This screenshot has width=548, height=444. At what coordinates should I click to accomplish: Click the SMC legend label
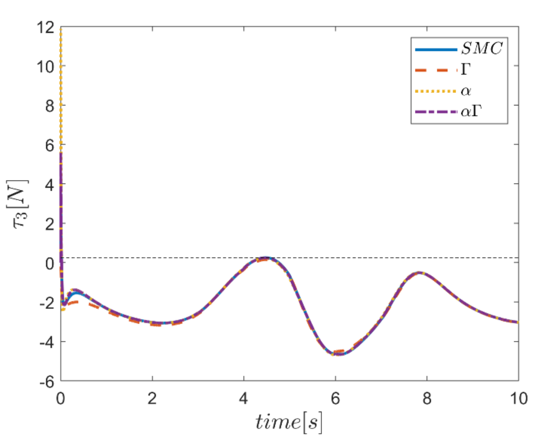click(482, 48)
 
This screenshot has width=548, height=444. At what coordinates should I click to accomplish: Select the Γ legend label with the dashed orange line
click(466, 69)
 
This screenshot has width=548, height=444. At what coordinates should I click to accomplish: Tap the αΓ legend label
click(471, 112)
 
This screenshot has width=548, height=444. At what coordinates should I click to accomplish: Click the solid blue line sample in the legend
click(436, 50)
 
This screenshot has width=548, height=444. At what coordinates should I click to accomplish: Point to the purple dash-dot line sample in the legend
click(436, 112)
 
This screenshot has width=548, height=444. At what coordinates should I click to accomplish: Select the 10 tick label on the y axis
click(46, 66)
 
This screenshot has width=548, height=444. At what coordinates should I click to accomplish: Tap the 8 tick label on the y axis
click(50, 106)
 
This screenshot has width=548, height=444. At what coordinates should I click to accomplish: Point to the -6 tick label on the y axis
click(47, 382)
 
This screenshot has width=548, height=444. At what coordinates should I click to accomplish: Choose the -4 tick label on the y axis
click(47, 343)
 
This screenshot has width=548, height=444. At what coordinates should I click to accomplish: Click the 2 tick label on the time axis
click(152, 399)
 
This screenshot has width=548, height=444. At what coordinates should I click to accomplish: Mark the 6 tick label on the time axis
click(335, 399)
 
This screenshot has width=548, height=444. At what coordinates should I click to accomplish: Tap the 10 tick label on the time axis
click(518, 399)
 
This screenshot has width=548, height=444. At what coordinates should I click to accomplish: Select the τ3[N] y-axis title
click(18, 204)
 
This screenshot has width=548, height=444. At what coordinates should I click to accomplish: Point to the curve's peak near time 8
click(419, 273)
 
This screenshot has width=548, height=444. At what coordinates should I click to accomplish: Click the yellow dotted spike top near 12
click(61, 29)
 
